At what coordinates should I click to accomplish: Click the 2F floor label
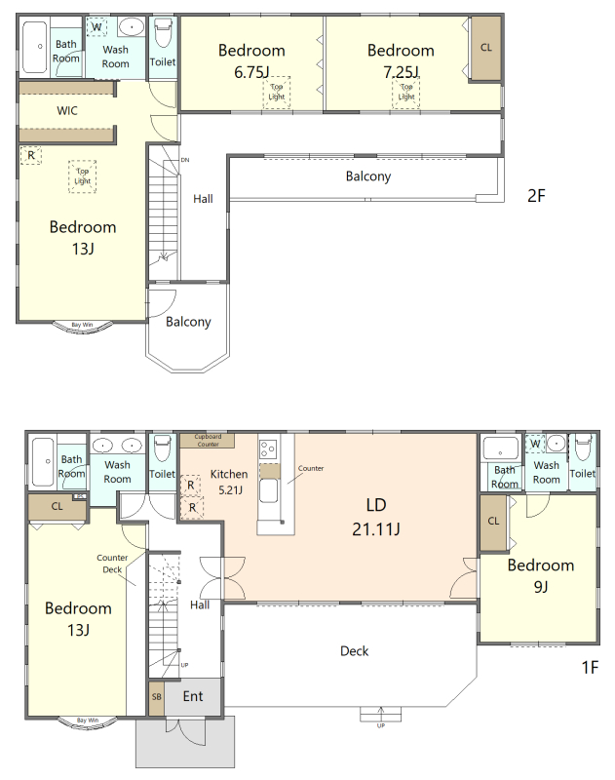click(536, 196)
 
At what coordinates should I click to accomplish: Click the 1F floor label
click(590, 667)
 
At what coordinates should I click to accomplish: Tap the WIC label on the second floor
click(67, 110)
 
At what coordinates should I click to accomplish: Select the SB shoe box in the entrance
click(157, 697)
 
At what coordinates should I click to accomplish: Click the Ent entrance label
click(193, 696)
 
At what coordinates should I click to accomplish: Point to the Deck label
click(354, 650)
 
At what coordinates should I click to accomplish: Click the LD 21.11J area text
click(376, 517)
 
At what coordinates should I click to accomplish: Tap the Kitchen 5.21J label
click(229, 482)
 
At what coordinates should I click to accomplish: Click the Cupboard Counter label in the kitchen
click(208, 441)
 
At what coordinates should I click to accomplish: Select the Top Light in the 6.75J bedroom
click(277, 92)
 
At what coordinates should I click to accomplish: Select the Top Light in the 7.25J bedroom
click(406, 92)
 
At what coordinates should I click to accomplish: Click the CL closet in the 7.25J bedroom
click(485, 48)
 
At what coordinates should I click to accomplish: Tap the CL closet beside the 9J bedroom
click(493, 522)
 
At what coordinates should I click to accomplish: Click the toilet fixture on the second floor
click(163, 33)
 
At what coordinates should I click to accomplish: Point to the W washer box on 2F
click(96, 27)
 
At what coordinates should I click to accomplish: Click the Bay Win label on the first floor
click(88, 720)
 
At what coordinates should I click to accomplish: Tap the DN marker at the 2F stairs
click(185, 160)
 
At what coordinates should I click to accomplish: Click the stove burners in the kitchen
click(268, 448)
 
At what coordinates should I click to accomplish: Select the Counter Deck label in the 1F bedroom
click(112, 564)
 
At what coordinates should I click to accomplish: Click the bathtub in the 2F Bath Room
click(35, 46)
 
